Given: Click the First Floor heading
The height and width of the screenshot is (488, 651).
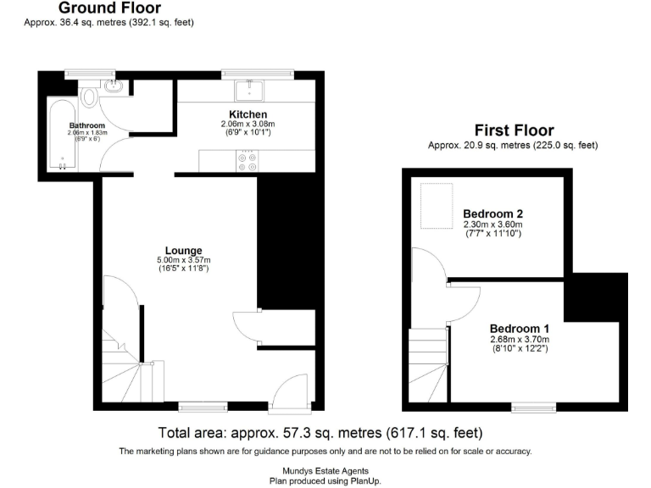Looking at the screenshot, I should click(514, 130).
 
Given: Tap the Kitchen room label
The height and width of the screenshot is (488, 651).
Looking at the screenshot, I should click(248, 114).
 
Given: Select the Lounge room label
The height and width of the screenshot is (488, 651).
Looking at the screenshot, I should click(183, 251).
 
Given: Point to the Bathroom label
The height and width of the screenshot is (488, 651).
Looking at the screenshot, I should click(86, 125).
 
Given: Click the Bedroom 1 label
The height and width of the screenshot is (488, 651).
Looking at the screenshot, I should click(520, 329).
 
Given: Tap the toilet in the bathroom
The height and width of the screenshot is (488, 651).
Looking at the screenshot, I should click(91, 96).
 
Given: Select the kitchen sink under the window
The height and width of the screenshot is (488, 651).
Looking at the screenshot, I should click(252, 88).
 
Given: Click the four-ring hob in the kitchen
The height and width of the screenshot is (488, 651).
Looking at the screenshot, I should click(248, 161).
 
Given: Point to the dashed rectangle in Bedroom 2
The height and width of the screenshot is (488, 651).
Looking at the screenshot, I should click(437, 207).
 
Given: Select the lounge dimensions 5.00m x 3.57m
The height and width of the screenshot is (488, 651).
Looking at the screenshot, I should click(183, 260).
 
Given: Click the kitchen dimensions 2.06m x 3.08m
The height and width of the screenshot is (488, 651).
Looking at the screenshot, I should click(248, 124).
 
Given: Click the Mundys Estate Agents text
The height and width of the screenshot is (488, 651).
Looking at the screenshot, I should click(325, 471).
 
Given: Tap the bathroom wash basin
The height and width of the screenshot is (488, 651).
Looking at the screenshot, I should click(112, 86).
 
